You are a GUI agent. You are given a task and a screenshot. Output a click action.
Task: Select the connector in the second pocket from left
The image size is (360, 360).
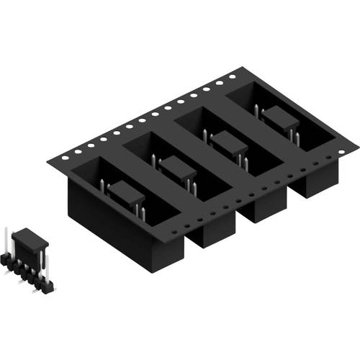click(x=177, y=170)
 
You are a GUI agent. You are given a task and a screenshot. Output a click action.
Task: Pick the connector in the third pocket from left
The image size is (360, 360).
click(x=229, y=143)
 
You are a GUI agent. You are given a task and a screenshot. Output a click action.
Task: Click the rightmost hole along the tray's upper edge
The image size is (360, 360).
click(x=232, y=74)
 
